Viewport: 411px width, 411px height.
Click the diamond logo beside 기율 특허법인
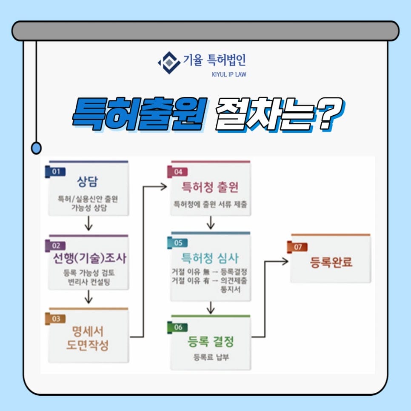[x=168, y=63]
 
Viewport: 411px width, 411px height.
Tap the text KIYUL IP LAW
[x=229, y=74]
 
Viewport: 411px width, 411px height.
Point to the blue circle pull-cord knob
[x=37, y=148]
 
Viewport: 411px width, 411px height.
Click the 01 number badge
[x=55, y=171]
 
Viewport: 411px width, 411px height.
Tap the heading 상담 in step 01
[x=88, y=182]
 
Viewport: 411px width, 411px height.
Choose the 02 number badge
[x=55, y=245]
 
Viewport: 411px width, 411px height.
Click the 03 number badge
[x=55, y=318]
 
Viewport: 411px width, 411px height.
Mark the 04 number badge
[x=177, y=171]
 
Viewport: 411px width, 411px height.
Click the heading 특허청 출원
[x=210, y=187]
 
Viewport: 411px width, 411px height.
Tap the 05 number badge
[x=177, y=243]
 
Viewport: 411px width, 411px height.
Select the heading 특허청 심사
[x=210, y=258]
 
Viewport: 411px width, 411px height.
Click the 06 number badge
[x=177, y=327]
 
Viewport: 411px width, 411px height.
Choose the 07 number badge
[x=297, y=246]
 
